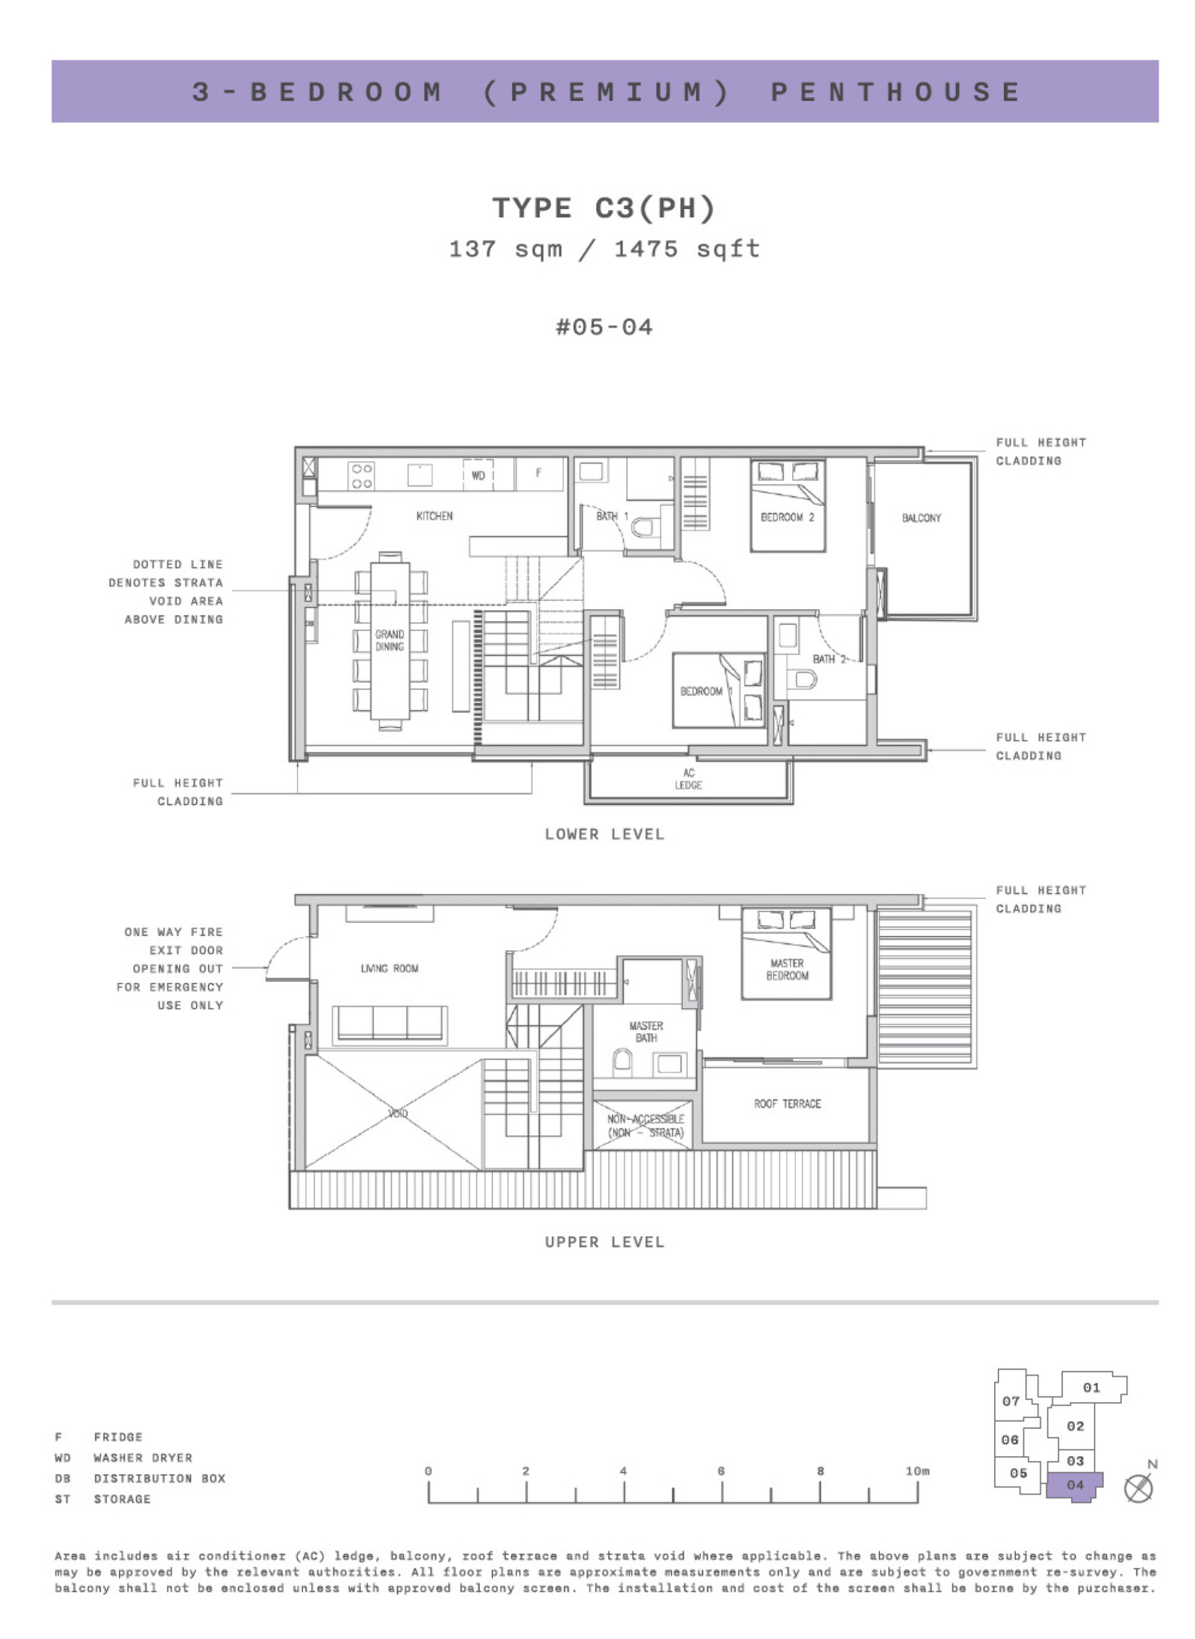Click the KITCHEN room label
click(x=434, y=515)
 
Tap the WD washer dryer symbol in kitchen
click(x=477, y=475)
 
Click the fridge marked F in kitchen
click(x=539, y=474)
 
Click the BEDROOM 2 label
click(x=787, y=517)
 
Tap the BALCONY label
click(x=921, y=518)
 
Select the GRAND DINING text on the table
click(x=389, y=640)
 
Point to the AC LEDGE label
click(x=688, y=778)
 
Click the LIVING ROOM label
click(x=389, y=968)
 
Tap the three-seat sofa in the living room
click(x=389, y=1023)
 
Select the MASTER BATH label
click(x=645, y=1032)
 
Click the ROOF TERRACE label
click(x=787, y=1104)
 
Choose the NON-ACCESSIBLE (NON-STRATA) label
click(x=645, y=1126)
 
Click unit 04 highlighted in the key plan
click(x=1074, y=1484)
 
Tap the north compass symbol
click(x=1138, y=1488)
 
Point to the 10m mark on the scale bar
click(x=917, y=1470)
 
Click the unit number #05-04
click(x=604, y=327)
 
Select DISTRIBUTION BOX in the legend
click(x=159, y=1478)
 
